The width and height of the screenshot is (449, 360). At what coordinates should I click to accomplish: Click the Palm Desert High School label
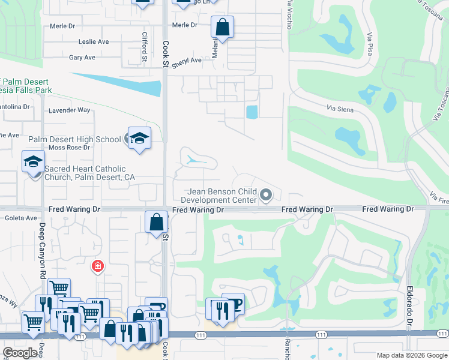click(x=74, y=139)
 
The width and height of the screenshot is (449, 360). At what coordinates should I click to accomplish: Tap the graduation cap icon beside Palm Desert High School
click(x=139, y=139)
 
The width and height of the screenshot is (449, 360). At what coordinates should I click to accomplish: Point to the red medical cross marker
click(x=97, y=265)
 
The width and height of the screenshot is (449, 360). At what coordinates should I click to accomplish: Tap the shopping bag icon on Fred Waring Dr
click(x=156, y=221)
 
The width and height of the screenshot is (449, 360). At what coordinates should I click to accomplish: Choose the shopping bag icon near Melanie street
click(x=222, y=27)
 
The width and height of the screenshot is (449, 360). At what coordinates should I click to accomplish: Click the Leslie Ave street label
click(x=94, y=42)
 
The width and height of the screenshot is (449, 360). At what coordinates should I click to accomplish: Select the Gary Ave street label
click(x=82, y=58)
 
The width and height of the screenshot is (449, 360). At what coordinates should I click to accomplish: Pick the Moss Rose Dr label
click(x=69, y=147)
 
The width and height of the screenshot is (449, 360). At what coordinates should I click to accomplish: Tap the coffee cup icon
click(x=233, y=304)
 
